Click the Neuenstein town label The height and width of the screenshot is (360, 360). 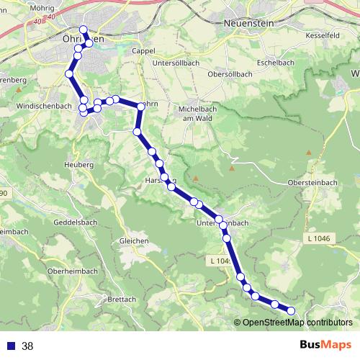[x=249, y=22]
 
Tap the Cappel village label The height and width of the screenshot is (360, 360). [x=144, y=51]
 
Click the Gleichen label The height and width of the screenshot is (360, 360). [x=134, y=240]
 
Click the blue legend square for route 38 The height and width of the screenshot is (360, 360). [x=11, y=346]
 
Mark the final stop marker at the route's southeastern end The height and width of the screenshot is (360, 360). [x=292, y=310]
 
